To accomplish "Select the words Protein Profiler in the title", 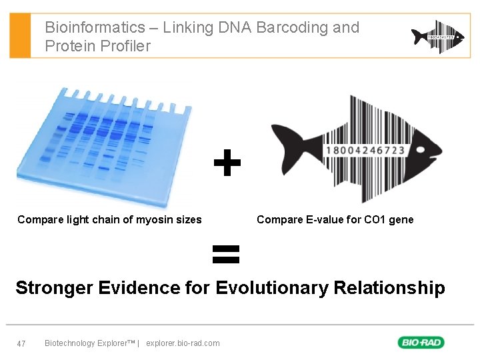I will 97,46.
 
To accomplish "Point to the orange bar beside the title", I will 20,35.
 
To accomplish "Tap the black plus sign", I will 227,163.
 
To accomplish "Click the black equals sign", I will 225,254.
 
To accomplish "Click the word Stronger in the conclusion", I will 54,288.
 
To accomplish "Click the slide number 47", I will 21,343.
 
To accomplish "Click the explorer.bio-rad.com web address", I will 183,343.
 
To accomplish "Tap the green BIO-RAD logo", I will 421,343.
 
